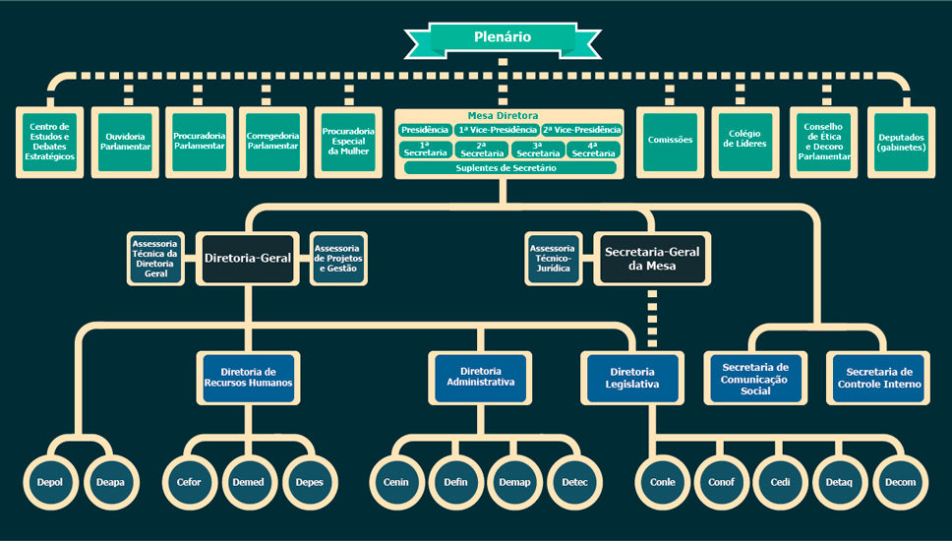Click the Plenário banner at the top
click(x=502, y=38)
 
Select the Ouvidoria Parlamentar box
click(x=125, y=142)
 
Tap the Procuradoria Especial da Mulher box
click(x=348, y=142)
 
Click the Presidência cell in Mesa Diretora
click(x=425, y=130)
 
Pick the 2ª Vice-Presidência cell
click(x=581, y=130)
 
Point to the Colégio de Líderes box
click(x=745, y=142)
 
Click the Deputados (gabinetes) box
click(x=901, y=142)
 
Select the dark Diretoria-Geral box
click(x=248, y=258)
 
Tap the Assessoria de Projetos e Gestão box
click(x=337, y=258)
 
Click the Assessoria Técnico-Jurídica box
click(x=553, y=258)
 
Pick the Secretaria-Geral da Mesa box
click(x=651, y=258)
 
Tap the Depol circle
click(x=50, y=481)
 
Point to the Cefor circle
click(x=189, y=481)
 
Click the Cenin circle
click(x=396, y=481)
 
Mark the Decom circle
click(x=900, y=481)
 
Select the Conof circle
click(x=722, y=481)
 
